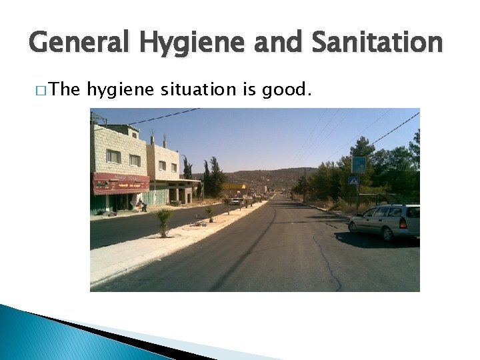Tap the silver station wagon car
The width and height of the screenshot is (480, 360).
pos(385,221)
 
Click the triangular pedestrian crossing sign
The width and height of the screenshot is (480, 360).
pos(354,180)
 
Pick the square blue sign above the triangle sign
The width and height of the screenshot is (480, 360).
pos(359,164)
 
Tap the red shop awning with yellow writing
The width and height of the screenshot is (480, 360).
pos(121,183)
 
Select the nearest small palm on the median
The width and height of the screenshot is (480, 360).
pos(163,221)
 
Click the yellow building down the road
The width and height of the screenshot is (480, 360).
pos(233,187)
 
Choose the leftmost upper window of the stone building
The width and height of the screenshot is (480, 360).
pos(113,156)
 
